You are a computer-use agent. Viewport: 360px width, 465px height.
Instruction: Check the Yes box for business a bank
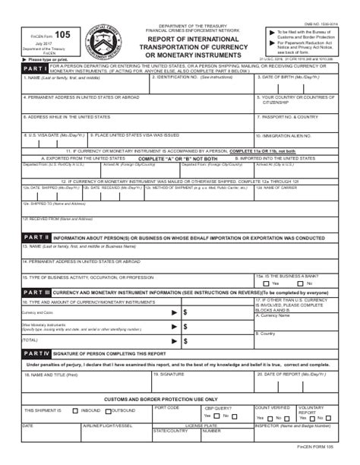265,283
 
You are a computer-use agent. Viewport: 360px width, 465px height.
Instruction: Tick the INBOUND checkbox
74,410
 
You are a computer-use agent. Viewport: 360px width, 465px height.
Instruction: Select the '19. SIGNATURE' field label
168,375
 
